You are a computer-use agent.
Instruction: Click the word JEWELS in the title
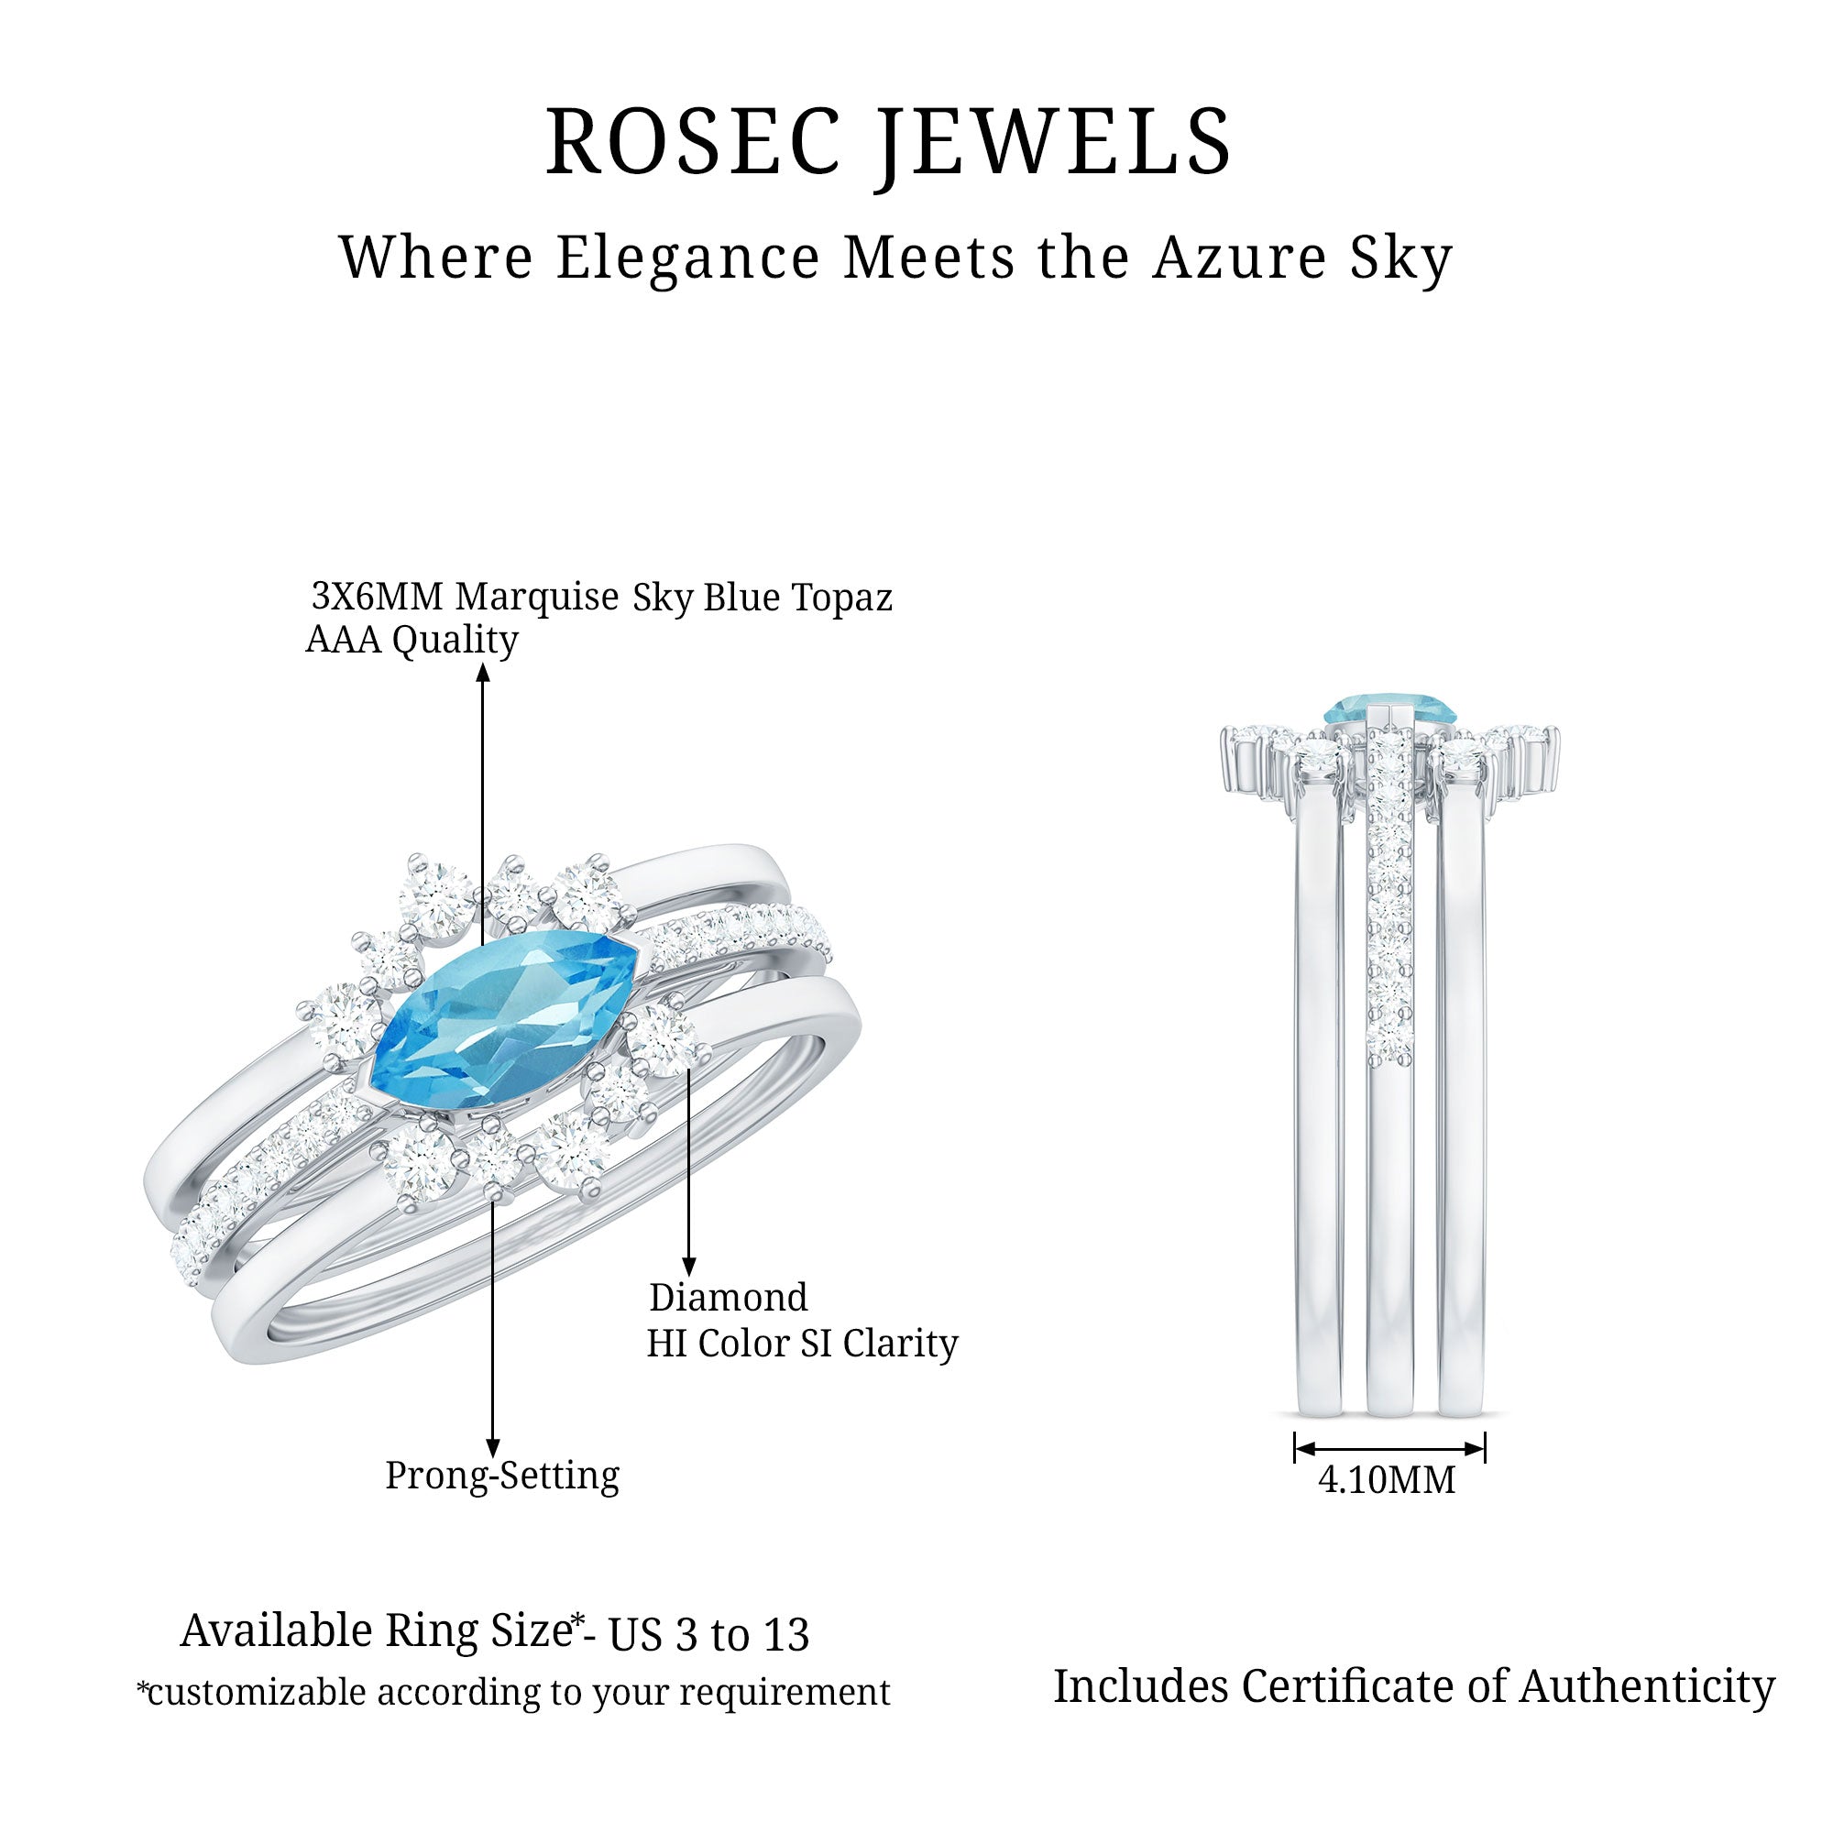pyautogui.click(x=1052, y=142)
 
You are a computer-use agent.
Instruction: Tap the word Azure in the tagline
pyautogui.click(x=1237, y=258)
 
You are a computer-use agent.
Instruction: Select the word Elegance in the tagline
pyautogui.click(x=688, y=258)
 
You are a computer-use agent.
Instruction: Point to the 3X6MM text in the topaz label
pyautogui.click(x=377, y=597)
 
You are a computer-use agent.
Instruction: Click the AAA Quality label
pyautogui.click(x=412, y=641)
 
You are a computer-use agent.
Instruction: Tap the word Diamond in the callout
pyautogui.click(x=728, y=1297)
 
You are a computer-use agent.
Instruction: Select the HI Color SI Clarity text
pyautogui.click(x=802, y=1344)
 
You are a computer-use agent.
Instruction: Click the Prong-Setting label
pyautogui.click(x=502, y=1476)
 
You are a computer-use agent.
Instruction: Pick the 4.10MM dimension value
pyautogui.click(x=1386, y=1481)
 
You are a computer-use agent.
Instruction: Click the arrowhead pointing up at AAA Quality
pyautogui.click(x=483, y=673)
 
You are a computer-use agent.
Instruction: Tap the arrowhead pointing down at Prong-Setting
pyautogui.click(x=492, y=1448)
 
